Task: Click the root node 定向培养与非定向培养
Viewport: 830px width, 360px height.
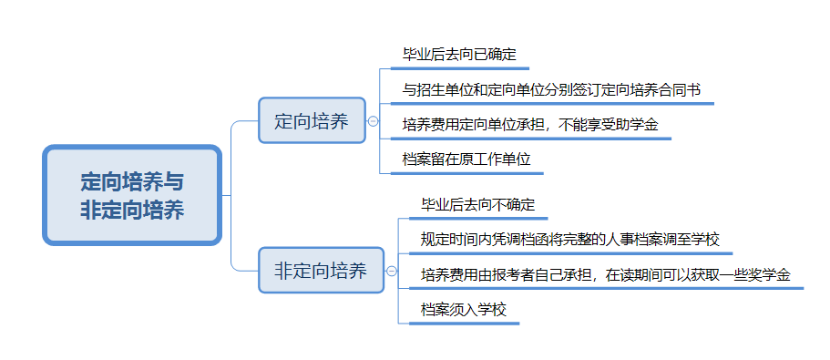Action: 132,195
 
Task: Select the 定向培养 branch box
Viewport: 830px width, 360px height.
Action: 312,120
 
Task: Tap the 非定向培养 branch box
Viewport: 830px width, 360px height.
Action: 321,270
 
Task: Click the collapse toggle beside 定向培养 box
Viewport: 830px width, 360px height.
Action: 373,120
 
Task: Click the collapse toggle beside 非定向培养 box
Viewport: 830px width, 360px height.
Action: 391,270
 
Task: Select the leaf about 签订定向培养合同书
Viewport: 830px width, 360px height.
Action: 551,89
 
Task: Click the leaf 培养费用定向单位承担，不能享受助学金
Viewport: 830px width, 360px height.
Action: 530,124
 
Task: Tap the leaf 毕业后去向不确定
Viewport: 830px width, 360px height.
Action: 477,204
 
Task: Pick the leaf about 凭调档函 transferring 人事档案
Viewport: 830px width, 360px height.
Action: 570,239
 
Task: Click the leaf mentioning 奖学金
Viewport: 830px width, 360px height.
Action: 605,273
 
